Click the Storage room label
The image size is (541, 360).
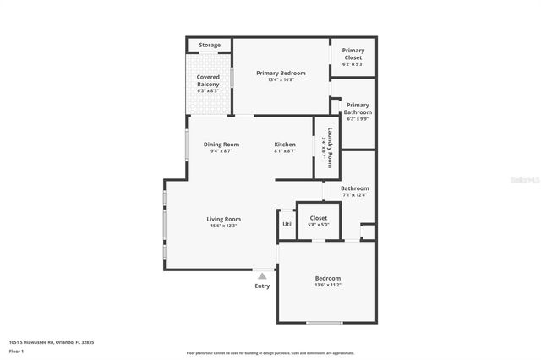point(210,45)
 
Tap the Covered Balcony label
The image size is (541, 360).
point(208,81)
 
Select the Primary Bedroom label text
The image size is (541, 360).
point(281,74)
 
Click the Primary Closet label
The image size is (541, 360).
point(352,54)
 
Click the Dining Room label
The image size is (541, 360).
point(221,145)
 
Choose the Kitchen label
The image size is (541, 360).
point(285,145)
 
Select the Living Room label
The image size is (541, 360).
point(223,219)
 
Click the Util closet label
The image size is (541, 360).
point(287,224)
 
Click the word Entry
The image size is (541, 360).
point(262,286)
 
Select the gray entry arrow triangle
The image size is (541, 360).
point(262,275)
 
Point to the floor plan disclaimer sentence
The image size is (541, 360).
point(270,352)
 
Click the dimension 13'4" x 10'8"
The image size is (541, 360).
point(281,81)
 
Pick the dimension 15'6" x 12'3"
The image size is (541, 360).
point(223,226)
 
